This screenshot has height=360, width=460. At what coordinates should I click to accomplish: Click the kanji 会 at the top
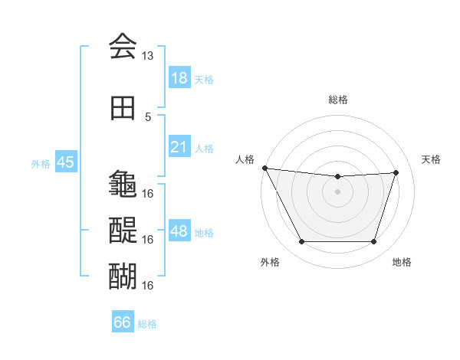coord(123,47)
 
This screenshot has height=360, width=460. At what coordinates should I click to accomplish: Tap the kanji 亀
coord(123,184)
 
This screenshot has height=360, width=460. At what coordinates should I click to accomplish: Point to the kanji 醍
coord(123,229)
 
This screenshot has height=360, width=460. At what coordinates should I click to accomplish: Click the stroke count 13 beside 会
coord(148,56)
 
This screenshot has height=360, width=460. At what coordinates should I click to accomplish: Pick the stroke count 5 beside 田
coord(148,116)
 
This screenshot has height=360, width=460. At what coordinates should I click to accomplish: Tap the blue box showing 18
coord(179,78)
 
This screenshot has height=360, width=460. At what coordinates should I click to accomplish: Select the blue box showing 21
coord(179,147)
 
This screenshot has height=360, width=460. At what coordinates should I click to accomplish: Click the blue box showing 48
coord(179,231)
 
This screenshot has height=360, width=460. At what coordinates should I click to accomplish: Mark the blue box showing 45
coord(65,162)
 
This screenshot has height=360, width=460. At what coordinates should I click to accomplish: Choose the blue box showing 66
coord(123,322)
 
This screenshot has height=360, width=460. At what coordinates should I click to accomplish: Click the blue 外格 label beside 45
coord(41,163)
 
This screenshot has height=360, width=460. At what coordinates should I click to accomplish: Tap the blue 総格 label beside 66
coord(147,324)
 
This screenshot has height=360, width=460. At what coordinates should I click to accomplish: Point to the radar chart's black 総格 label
coord(338,100)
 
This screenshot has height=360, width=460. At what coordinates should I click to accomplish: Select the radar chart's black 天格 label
coord(432,159)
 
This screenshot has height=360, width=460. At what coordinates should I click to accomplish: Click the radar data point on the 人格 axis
coord(264,168)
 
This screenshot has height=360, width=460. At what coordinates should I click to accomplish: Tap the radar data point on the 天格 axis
coord(396,173)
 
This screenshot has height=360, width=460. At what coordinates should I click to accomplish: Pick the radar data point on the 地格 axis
coord(373,242)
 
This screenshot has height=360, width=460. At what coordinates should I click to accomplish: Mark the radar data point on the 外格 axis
coord(301,242)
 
